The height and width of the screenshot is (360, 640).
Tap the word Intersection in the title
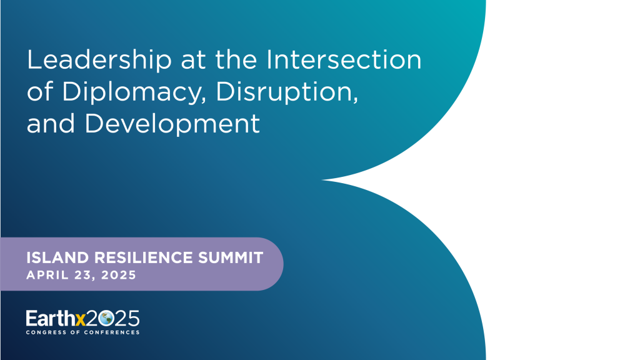click(x=344, y=60)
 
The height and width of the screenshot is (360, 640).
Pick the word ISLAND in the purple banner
click(x=53, y=257)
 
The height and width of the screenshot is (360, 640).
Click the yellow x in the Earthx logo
click(x=80, y=319)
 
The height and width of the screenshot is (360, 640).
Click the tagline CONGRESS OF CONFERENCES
click(x=82, y=332)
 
